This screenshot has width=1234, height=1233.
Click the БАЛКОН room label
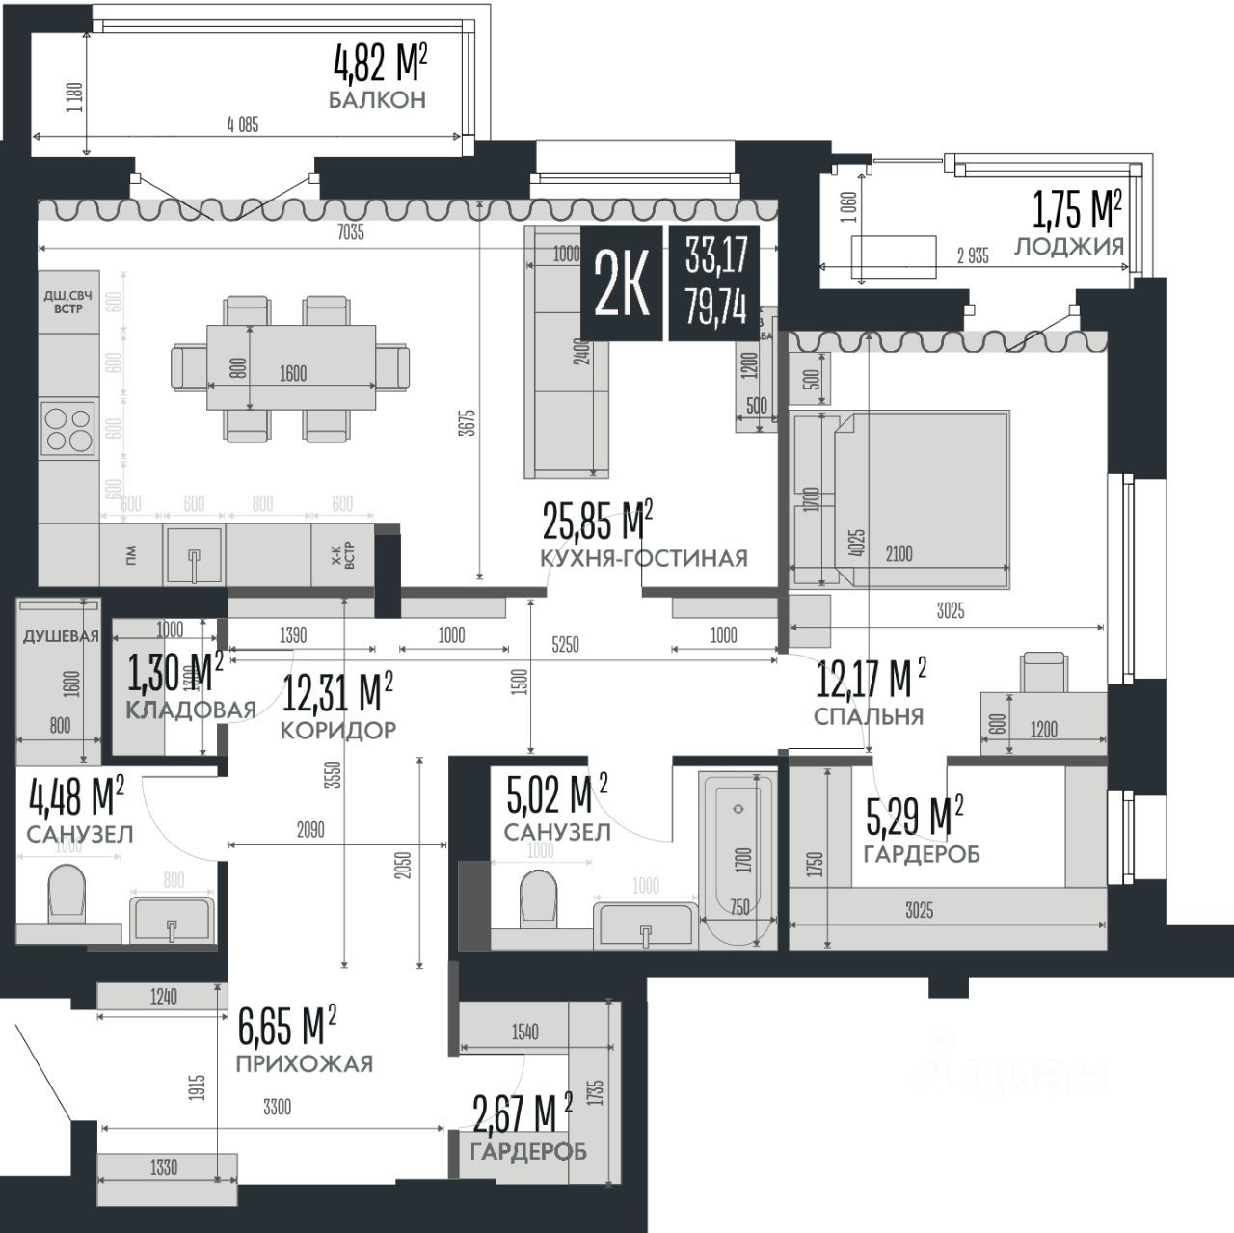(377, 100)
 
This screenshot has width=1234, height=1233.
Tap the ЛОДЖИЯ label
(1069, 246)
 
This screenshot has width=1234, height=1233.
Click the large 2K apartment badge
(622, 284)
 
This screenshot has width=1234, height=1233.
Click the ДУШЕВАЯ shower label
(61, 636)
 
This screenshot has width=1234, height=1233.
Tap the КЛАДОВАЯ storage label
(190, 710)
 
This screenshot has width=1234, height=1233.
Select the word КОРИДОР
(337, 731)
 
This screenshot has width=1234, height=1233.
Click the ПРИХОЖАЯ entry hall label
(304, 1063)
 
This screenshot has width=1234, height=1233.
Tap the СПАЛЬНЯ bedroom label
(868, 716)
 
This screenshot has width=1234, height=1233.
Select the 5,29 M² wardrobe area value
(914, 817)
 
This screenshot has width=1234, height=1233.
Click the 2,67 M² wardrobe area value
(522, 1113)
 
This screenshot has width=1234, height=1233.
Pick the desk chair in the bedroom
(1045, 672)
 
